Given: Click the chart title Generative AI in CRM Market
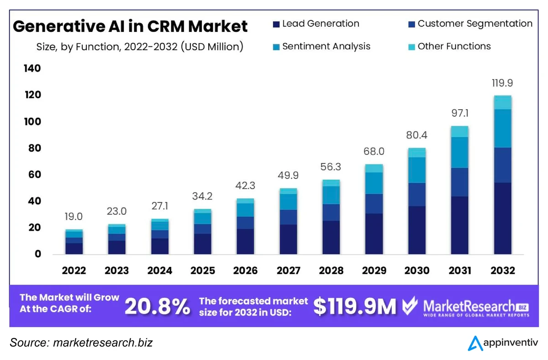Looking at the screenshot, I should coord(130,26).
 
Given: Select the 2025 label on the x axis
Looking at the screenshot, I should coord(202,270).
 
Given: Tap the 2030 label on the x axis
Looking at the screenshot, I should coord(416,270).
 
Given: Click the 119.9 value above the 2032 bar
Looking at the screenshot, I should coord(502,83).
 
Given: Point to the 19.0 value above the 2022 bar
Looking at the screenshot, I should coord(74,217).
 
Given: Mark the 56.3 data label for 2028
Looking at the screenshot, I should coord(331,167).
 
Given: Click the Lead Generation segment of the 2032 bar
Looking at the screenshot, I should coord(502,218).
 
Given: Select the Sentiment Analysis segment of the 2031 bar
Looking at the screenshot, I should coord(459,153).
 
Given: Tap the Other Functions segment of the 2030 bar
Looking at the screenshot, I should coord(416,153).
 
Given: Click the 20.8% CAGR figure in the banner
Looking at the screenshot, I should coord(158,307).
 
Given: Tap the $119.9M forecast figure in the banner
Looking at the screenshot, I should coord(355,307).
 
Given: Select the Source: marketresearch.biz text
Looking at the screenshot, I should coord(81,343).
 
